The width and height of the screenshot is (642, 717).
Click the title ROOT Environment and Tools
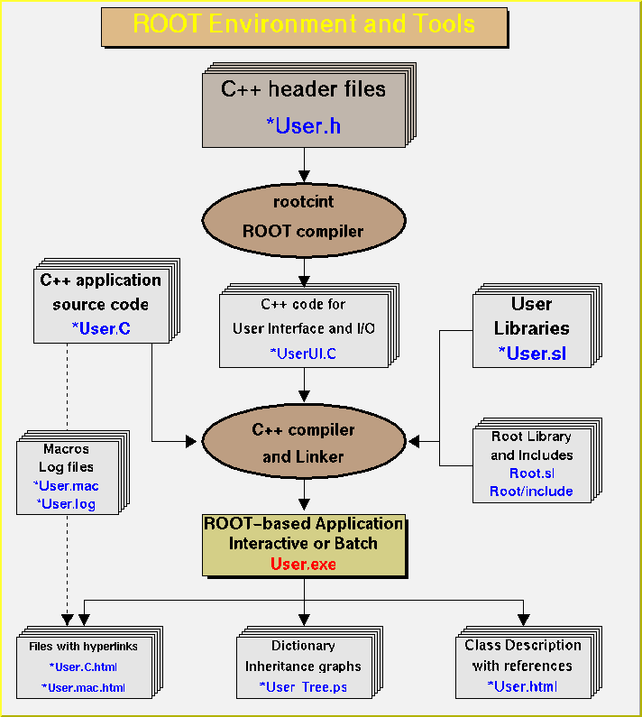pos(304,24)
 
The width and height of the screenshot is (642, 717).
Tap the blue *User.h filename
pos(304,125)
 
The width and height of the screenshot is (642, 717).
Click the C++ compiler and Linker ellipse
pos(304,443)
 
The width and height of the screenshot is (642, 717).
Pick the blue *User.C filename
pos(100,329)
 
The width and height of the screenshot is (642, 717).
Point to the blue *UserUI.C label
pos(303,353)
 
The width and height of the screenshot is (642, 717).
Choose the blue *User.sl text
pos(532,353)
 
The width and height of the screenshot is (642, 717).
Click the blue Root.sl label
pos(531,473)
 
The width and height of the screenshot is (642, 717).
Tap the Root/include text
pos(531,492)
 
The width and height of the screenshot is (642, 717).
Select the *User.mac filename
pos(66,486)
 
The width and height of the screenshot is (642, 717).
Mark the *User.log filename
pos(66,504)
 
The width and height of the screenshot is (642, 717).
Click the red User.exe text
pos(303,565)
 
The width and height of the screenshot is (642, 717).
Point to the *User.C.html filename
pos(83,667)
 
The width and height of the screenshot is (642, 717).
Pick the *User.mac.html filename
pos(83,687)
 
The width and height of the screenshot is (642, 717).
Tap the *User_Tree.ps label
pos(303,687)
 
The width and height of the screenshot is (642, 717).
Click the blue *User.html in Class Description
pos(522,686)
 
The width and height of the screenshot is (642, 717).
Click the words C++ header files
pos(304,89)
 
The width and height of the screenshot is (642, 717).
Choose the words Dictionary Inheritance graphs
pos(303,656)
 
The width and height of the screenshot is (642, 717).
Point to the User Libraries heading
pos(532,317)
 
